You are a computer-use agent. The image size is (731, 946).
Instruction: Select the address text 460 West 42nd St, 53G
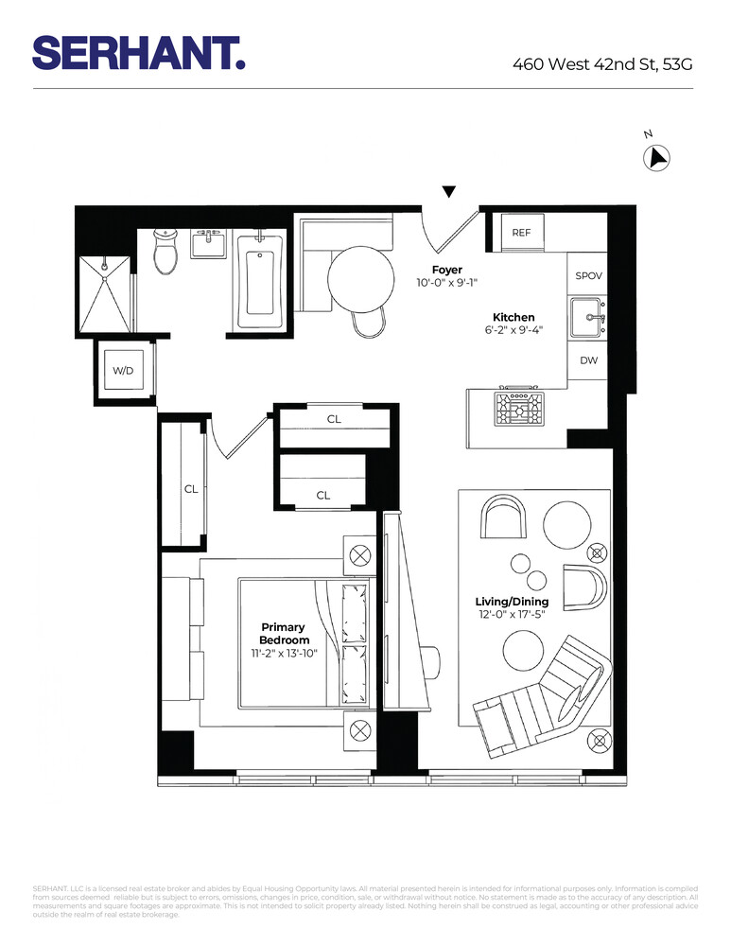click(x=602, y=64)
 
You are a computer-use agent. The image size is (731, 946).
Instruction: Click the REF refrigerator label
click(x=522, y=233)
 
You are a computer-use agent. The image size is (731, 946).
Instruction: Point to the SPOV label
click(x=588, y=276)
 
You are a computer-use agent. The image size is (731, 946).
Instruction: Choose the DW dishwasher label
click(x=588, y=360)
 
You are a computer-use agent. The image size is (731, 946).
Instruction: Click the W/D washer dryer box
click(x=124, y=371)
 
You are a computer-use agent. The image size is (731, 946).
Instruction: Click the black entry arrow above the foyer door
click(x=449, y=192)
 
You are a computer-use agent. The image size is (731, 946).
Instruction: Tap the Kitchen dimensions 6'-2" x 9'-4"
click(x=513, y=330)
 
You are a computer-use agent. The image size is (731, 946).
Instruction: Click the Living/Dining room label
click(x=512, y=602)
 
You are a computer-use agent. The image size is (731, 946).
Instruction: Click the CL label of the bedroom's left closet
click(x=191, y=489)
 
